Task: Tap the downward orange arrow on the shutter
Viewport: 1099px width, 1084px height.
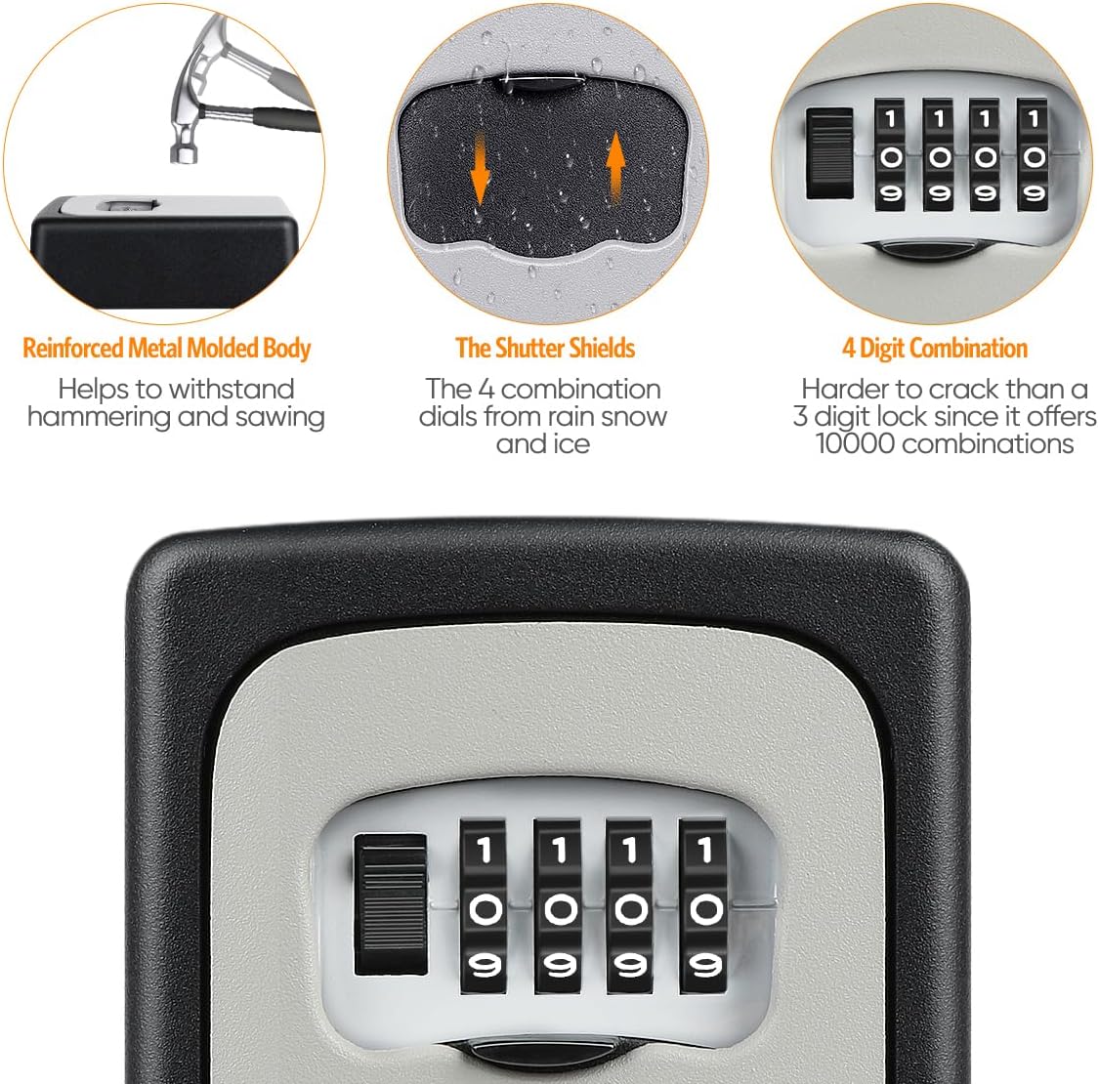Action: coord(480,173)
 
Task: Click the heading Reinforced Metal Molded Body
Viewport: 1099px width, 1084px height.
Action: coord(166,349)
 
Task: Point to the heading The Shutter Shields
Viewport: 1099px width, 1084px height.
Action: coord(545,349)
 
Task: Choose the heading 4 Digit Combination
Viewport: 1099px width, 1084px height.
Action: coord(935,349)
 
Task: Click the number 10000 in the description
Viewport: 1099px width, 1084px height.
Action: coord(856,444)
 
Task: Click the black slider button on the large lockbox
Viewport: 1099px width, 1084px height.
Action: coord(390,903)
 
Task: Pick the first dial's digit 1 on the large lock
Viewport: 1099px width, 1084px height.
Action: coord(485,851)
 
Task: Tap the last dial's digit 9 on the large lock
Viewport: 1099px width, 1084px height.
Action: coord(704,967)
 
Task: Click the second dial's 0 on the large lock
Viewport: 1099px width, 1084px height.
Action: coord(559,910)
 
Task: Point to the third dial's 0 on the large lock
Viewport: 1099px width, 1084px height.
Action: coord(631,910)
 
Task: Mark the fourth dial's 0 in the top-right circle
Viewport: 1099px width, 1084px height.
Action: coord(1034,157)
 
